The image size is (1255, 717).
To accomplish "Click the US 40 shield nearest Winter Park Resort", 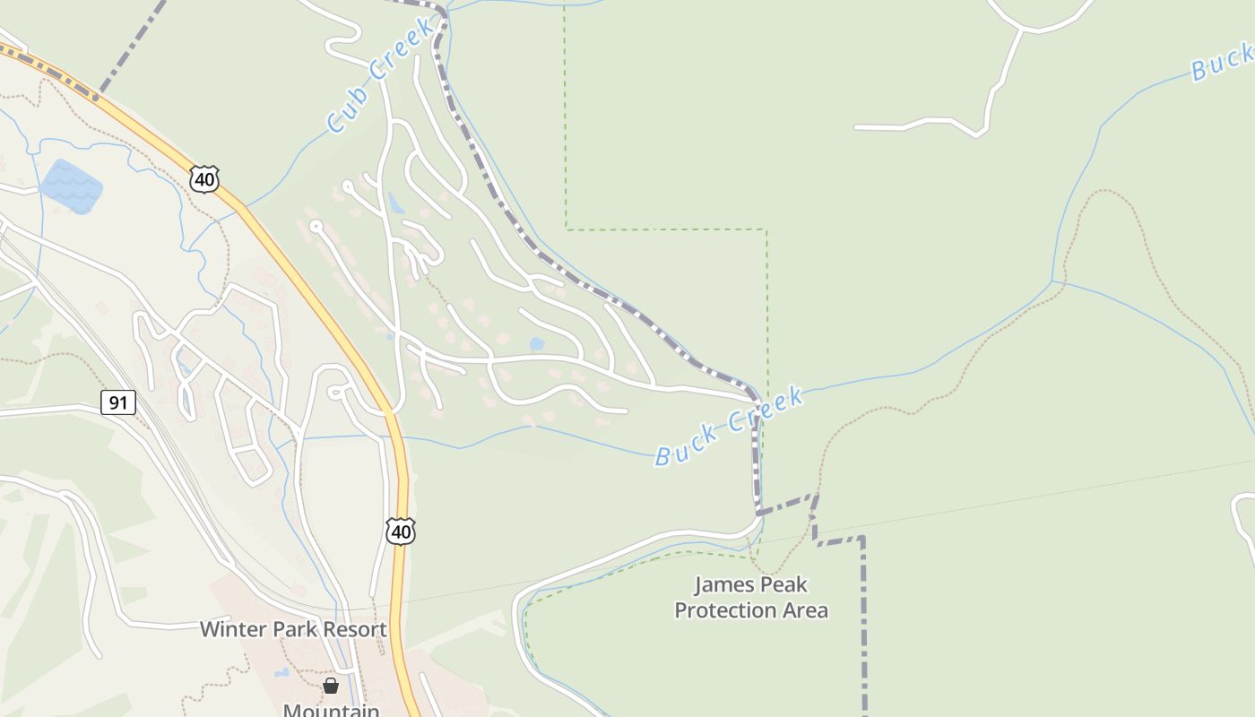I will tap(401, 531).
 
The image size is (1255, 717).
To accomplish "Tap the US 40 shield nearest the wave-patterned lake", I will tap(204, 178).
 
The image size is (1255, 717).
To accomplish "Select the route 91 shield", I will tap(117, 402).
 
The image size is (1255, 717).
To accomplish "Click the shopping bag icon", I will tap(331, 686).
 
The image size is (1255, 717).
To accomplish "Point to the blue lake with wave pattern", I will tap(71, 186).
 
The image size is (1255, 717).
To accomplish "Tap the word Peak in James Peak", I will tap(783, 585).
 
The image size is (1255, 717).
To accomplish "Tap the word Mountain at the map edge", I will tap(331, 711).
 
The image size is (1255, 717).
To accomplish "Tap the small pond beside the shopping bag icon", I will tap(281, 672).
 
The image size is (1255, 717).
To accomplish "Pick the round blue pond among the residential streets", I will tap(536, 343).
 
